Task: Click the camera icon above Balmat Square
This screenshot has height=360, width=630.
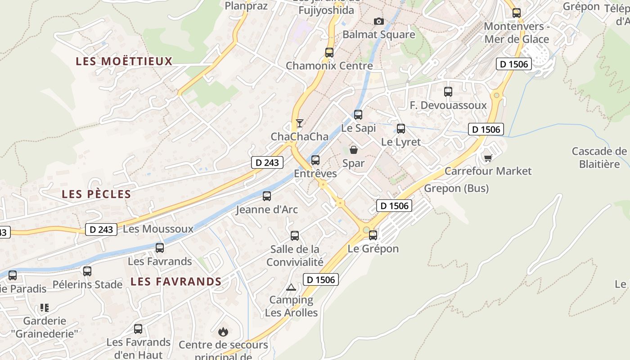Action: coord(379,21)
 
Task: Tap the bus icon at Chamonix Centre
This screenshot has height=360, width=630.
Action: coord(329,52)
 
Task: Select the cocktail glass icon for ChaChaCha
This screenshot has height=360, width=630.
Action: coord(299,123)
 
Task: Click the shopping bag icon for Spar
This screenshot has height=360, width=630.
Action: coord(354,150)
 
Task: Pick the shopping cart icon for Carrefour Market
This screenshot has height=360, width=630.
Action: coord(488,157)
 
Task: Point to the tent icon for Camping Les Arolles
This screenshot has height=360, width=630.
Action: coord(291,287)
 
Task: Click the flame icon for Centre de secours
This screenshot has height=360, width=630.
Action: coord(223,332)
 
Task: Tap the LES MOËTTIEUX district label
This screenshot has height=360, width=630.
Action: coord(124,61)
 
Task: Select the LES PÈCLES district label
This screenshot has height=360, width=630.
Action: coord(96,194)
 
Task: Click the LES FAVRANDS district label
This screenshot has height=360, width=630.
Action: coord(176,282)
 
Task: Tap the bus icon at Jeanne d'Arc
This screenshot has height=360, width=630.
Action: coord(267,196)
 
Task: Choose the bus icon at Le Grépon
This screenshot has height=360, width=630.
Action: coord(373,235)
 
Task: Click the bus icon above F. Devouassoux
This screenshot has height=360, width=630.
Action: coord(448,92)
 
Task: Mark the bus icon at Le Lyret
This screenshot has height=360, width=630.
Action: coord(401,129)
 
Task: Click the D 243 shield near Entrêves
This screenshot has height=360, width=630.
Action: coord(267,162)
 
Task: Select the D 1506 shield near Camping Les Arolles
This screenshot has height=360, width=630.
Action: coord(320,279)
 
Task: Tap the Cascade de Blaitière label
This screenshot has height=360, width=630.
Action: coord(599,157)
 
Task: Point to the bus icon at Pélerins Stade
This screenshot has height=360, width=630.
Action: coord(87,271)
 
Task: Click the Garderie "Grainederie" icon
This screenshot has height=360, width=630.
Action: coord(44,308)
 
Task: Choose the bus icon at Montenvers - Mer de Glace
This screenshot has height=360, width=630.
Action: coord(517,13)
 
